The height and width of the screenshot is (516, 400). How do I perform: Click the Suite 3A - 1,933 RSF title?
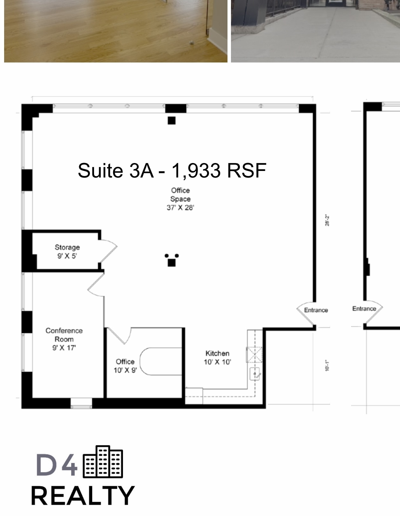[172, 171]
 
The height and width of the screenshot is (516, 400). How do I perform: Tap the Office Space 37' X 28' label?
[180, 199]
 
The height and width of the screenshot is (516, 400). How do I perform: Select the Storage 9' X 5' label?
[67, 251]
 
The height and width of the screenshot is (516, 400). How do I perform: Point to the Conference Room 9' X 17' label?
[64, 339]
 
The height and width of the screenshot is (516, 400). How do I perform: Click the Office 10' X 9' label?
[125, 366]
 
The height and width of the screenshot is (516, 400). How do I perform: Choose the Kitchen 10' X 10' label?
[217, 357]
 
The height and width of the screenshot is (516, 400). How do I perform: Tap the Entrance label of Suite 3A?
[315, 310]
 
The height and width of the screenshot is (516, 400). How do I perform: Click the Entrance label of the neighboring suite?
[364, 309]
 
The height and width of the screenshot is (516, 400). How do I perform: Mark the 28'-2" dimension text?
[327, 220]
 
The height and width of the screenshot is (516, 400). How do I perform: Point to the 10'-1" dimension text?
[327, 365]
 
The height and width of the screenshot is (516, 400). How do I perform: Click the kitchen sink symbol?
[255, 374]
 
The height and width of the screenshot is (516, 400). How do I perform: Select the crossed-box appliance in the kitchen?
[255, 355]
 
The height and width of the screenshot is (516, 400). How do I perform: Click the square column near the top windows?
[172, 121]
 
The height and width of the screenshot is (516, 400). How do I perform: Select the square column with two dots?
[172, 262]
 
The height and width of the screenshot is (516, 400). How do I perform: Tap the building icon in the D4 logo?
[103, 462]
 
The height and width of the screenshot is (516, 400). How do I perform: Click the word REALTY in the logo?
[83, 495]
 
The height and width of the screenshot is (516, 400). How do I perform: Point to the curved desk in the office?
[160, 362]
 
